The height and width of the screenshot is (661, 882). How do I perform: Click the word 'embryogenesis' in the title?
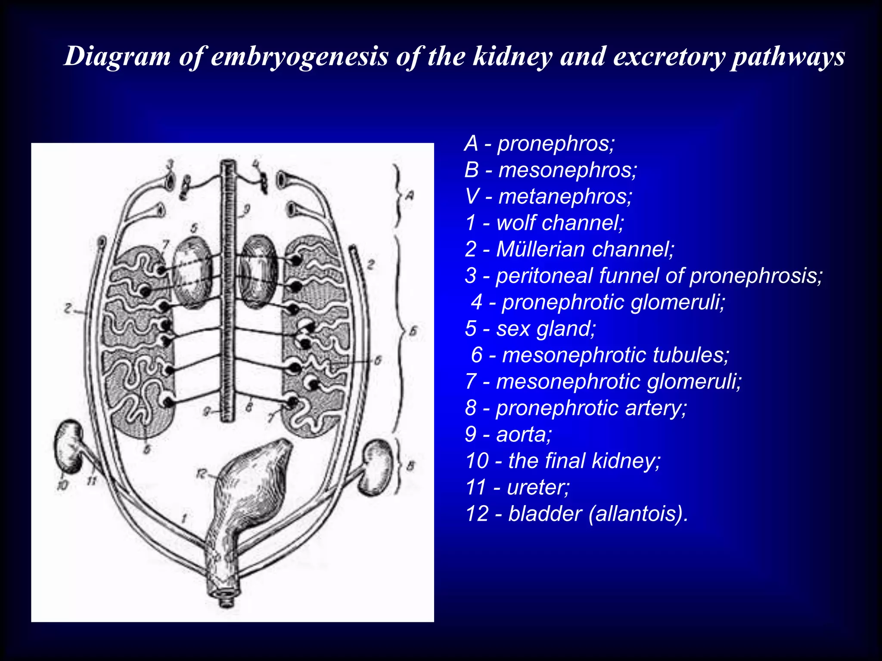[x=300, y=56]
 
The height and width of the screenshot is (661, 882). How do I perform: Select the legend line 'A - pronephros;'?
[x=539, y=143]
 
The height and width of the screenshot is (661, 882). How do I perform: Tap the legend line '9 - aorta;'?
[x=508, y=434]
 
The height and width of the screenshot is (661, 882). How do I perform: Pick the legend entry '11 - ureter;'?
[x=517, y=487]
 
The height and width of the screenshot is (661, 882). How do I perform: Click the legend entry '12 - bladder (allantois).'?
[x=577, y=513]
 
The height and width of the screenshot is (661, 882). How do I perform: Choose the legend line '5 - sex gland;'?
[x=530, y=328]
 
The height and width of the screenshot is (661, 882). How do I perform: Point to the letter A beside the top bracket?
[x=410, y=196]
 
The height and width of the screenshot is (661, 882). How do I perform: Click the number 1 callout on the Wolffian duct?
[x=184, y=518]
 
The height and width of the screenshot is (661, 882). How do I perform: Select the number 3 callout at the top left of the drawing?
[x=170, y=164]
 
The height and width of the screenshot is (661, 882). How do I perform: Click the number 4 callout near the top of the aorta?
[x=256, y=164]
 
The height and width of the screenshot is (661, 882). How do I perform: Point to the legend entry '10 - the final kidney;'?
[x=562, y=460]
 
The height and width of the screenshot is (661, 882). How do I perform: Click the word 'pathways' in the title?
[x=788, y=56]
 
